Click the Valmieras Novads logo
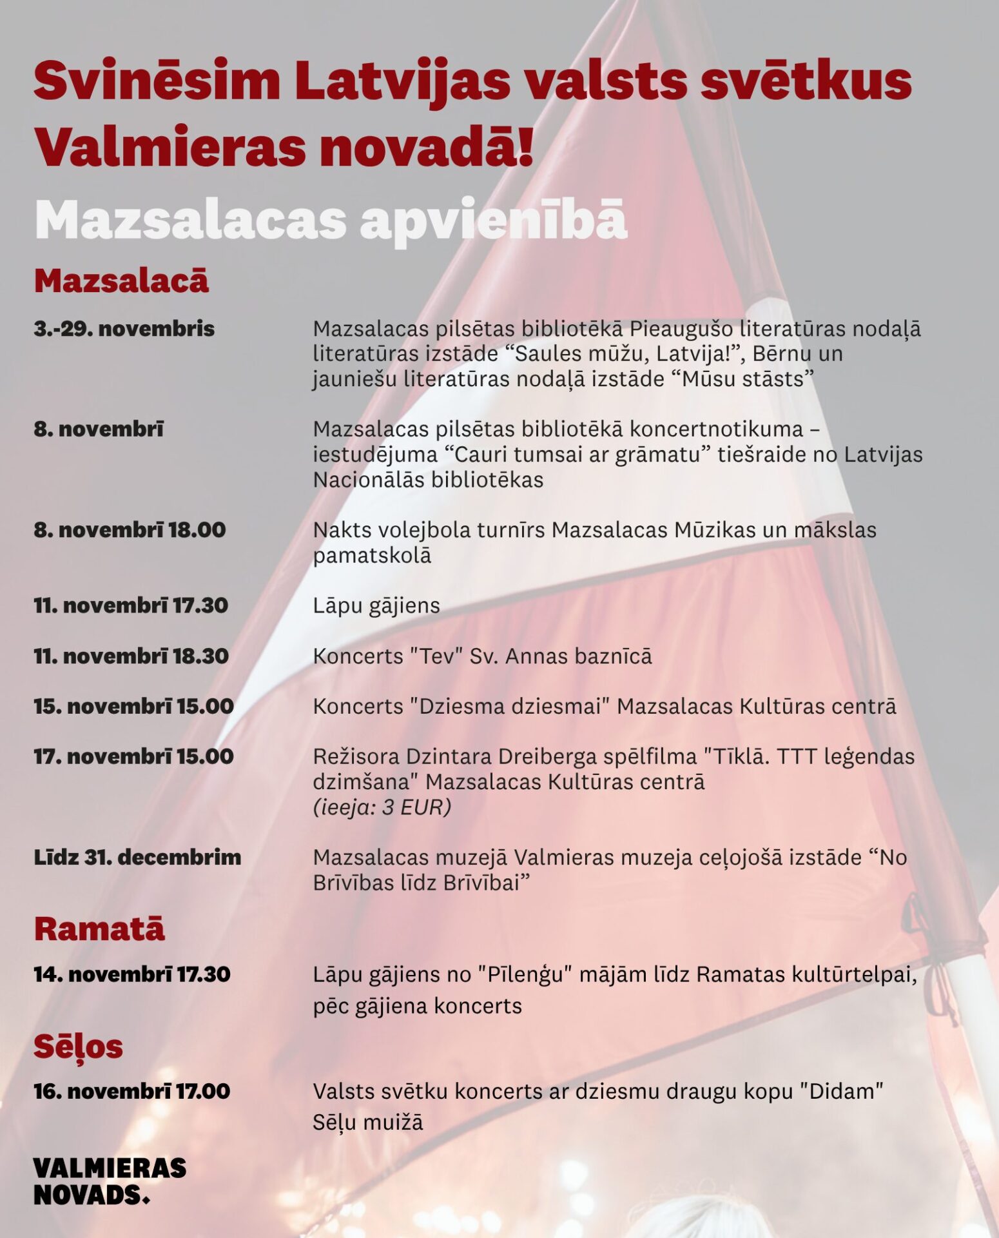(x=110, y=1181)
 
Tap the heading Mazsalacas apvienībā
(x=330, y=220)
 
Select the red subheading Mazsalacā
(x=121, y=281)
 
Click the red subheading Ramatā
(x=99, y=929)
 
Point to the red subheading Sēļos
(x=78, y=1046)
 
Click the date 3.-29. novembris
(x=124, y=329)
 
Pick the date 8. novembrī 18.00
(x=130, y=530)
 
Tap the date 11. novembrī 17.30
(x=131, y=605)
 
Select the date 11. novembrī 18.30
(x=131, y=656)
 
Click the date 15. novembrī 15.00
(x=133, y=707)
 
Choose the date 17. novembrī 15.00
(x=133, y=756)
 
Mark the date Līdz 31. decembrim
(x=137, y=858)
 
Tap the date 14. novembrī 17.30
(x=131, y=974)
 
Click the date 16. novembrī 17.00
(x=131, y=1092)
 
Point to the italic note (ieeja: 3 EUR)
(x=382, y=807)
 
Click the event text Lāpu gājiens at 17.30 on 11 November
(x=376, y=606)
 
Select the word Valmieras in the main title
(x=170, y=146)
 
